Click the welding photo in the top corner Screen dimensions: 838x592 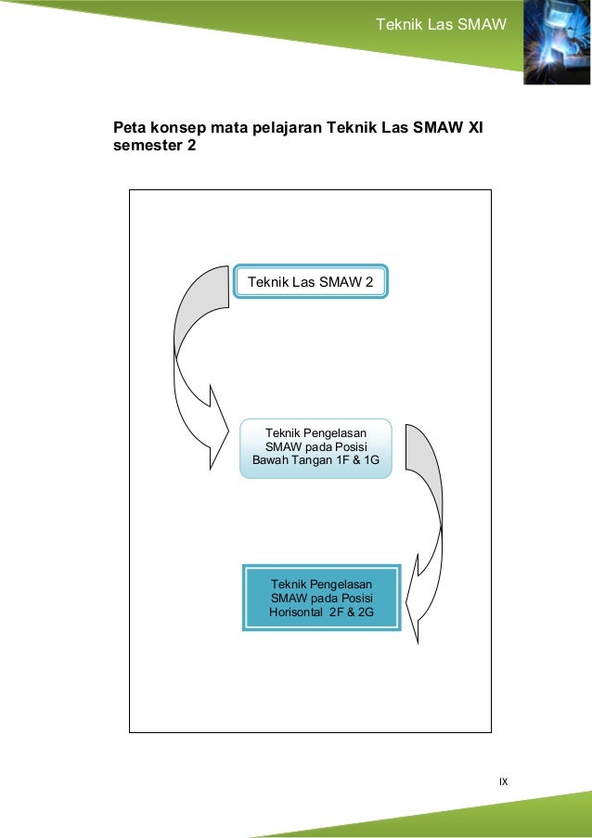click(557, 43)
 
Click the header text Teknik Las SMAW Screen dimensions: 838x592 click(441, 23)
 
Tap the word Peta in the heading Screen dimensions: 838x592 click(130, 126)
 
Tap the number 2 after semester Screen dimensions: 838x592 click(191, 147)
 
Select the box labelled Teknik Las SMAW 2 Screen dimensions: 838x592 click(311, 282)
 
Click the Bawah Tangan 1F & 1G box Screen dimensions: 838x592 click(315, 447)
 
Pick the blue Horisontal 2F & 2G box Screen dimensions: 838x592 click(321, 598)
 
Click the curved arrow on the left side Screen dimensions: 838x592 click(195, 362)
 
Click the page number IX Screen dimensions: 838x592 click(503, 781)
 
